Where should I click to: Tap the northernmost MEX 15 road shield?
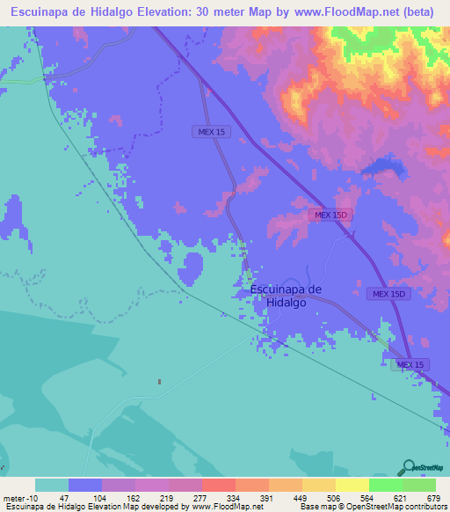tap(209, 131)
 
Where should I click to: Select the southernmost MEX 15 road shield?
tap(410, 364)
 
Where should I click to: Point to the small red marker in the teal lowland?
tap(159, 382)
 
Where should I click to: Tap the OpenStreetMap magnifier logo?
tap(408, 467)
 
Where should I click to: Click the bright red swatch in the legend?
tap(218, 485)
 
